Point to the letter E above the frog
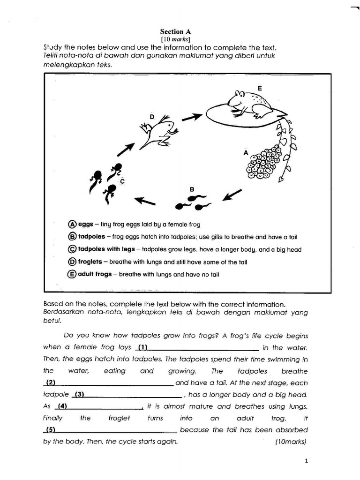point(260,88)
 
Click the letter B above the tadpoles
point(191,189)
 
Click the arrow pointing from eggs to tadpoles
point(233,194)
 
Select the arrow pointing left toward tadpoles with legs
point(145,201)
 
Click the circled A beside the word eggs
point(72,224)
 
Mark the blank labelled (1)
point(197,348)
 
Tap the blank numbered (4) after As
point(99,406)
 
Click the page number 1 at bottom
point(306,461)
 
